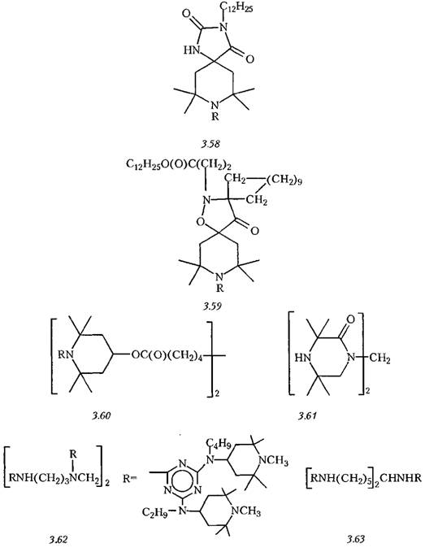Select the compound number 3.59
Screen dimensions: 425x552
coord(213,306)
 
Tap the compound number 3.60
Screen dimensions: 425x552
coord(102,415)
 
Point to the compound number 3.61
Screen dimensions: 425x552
coord(307,415)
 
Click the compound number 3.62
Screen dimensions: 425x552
coord(57,539)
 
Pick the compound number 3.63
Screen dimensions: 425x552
coord(355,539)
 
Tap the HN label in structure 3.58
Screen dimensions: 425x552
coord(191,50)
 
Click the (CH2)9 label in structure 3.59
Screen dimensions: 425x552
coord(284,181)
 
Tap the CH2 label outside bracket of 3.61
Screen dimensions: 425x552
coord(380,359)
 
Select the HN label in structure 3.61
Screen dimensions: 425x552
coord(302,358)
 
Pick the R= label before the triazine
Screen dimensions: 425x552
coord(130,479)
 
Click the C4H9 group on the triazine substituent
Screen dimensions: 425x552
coord(218,445)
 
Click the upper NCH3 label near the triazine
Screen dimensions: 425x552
coord(273,460)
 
